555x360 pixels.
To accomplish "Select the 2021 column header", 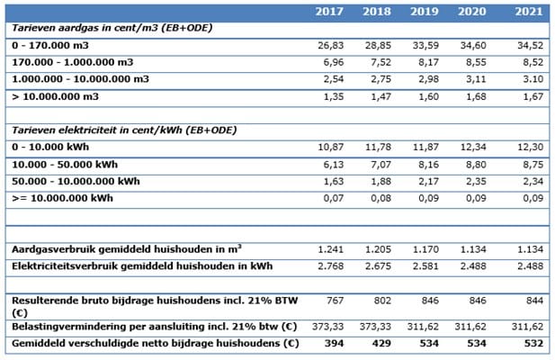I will click(530, 13).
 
